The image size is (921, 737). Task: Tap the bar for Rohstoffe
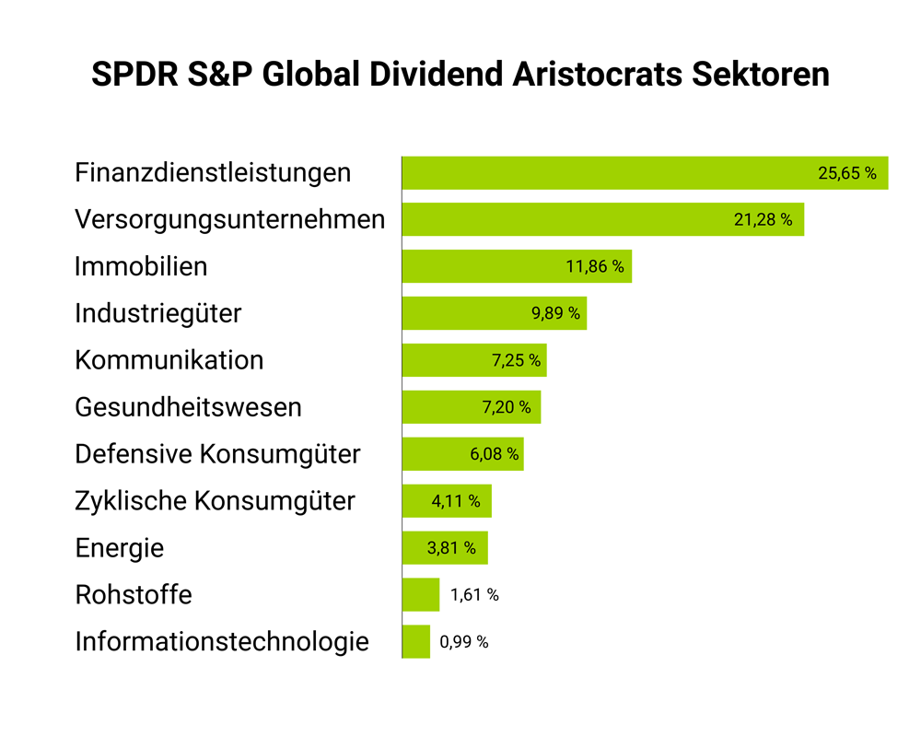click(x=421, y=595)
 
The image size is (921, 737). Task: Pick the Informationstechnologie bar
click(x=416, y=642)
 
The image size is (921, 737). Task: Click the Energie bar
click(x=445, y=548)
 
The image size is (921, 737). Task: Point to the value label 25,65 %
click(x=847, y=173)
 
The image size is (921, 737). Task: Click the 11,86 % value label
click(x=595, y=267)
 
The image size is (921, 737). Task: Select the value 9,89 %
click(x=556, y=313)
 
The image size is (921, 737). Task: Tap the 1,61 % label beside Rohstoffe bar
click(x=474, y=595)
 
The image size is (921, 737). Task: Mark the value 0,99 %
click(x=464, y=642)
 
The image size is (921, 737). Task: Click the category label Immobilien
click(x=141, y=267)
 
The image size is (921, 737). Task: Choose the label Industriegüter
click(x=157, y=313)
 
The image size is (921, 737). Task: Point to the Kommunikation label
click(x=169, y=360)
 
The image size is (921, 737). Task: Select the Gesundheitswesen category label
click(x=188, y=407)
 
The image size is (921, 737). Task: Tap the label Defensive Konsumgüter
click(x=217, y=454)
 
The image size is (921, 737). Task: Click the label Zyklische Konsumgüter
click(x=215, y=501)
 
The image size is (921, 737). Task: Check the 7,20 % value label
click(x=507, y=407)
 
